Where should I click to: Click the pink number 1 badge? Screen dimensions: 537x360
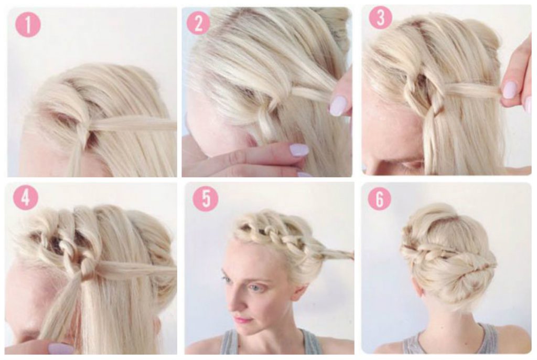[28, 24]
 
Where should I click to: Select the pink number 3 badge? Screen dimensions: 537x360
[381, 17]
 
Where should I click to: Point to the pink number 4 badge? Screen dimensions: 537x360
[26, 198]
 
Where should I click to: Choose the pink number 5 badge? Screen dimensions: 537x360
[206, 199]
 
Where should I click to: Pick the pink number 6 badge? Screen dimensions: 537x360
[380, 199]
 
